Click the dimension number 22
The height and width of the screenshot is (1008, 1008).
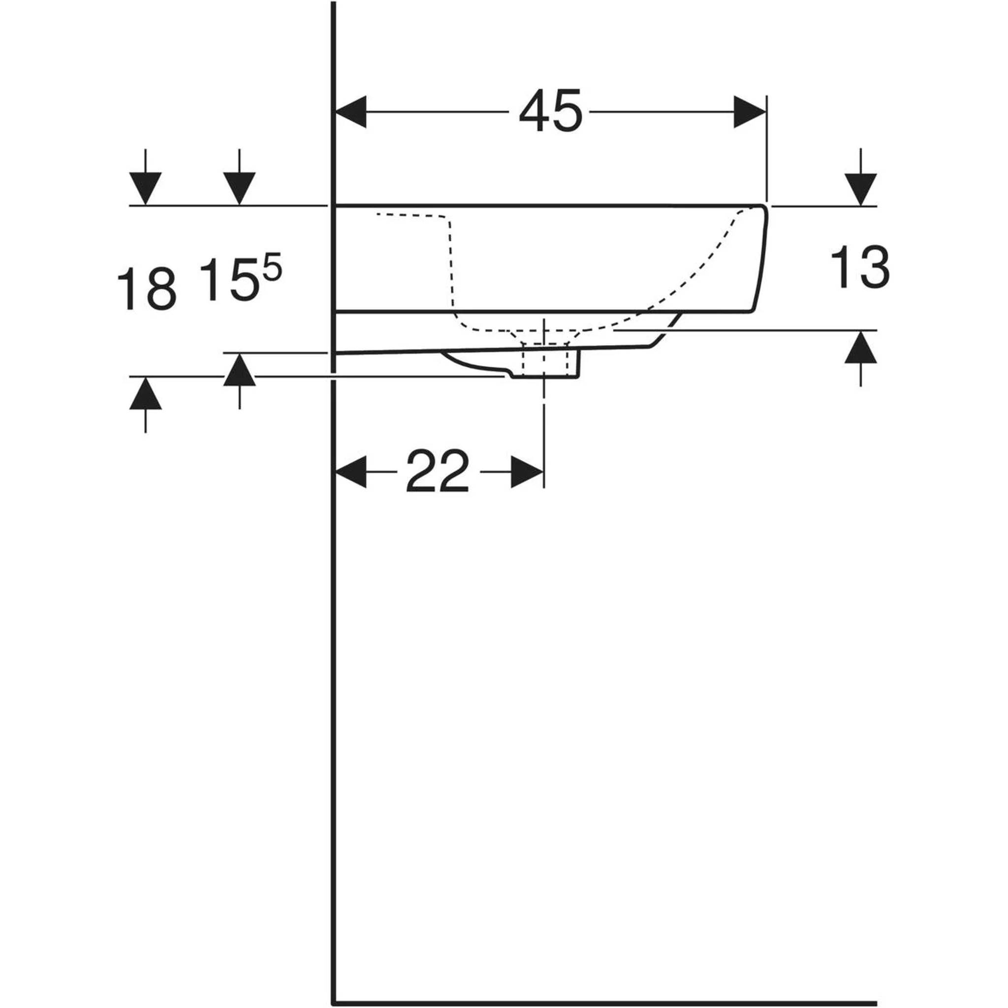(x=437, y=471)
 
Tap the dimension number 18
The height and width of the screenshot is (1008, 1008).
(x=147, y=288)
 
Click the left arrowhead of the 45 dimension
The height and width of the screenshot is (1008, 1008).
(x=350, y=112)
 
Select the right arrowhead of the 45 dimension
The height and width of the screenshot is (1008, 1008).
(x=750, y=112)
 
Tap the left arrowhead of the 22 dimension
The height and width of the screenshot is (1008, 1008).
(x=350, y=472)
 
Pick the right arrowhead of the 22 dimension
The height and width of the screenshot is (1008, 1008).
(x=527, y=472)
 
